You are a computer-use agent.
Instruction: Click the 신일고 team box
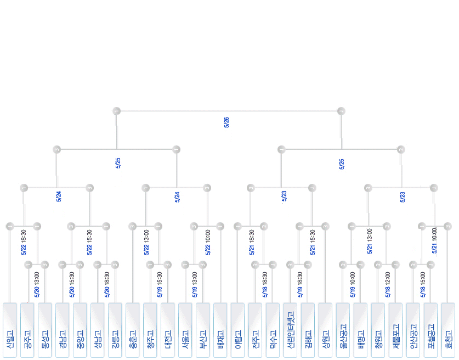click(x=10, y=330)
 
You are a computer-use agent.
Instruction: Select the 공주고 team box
click(x=27, y=330)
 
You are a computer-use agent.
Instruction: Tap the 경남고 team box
click(x=63, y=330)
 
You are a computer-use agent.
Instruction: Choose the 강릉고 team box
click(x=115, y=330)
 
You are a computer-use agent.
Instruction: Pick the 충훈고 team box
click(x=133, y=330)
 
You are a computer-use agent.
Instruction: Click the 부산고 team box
click(x=203, y=330)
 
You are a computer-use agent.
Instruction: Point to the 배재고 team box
click(x=220, y=330)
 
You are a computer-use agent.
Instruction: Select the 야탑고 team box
click(x=238, y=330)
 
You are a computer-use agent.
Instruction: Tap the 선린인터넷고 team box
click(x=291, y=330)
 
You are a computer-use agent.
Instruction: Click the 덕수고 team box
click(x=273, y=330)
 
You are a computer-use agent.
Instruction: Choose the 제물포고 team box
click(x=396, y=330)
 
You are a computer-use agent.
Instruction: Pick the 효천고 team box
click(x=449, y=330)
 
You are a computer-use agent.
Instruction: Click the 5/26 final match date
click(x=226, y=122)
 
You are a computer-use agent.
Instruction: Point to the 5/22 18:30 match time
click(x=24, y=243)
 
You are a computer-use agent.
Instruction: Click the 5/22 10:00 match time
click(x=208, y=243)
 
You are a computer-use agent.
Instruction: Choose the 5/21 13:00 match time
click(x=370, y=241)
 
